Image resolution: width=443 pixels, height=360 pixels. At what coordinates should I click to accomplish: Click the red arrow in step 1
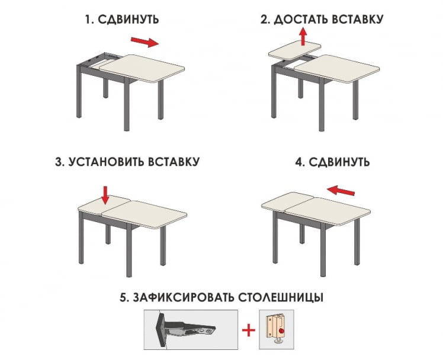pos(145,42)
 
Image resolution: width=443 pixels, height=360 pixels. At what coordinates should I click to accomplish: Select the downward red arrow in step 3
pos(106,194)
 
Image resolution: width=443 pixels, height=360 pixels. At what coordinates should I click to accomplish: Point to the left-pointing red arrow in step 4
pos(341,190)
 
